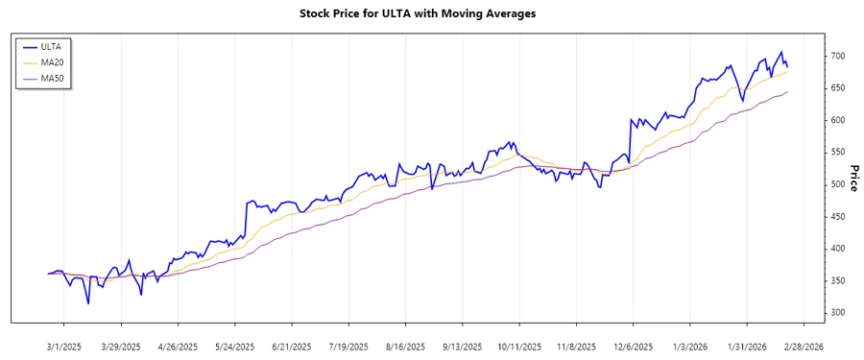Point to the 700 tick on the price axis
[838, 57]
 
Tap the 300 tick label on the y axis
[838, 313]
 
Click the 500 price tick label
[838, 184]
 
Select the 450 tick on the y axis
[838, 217]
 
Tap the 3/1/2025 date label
[63, 346]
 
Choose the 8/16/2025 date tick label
[404, 346]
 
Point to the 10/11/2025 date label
[517, 346]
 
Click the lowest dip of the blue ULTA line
[88, 303]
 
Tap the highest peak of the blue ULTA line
[780, 52]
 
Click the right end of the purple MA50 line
[787, 92]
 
